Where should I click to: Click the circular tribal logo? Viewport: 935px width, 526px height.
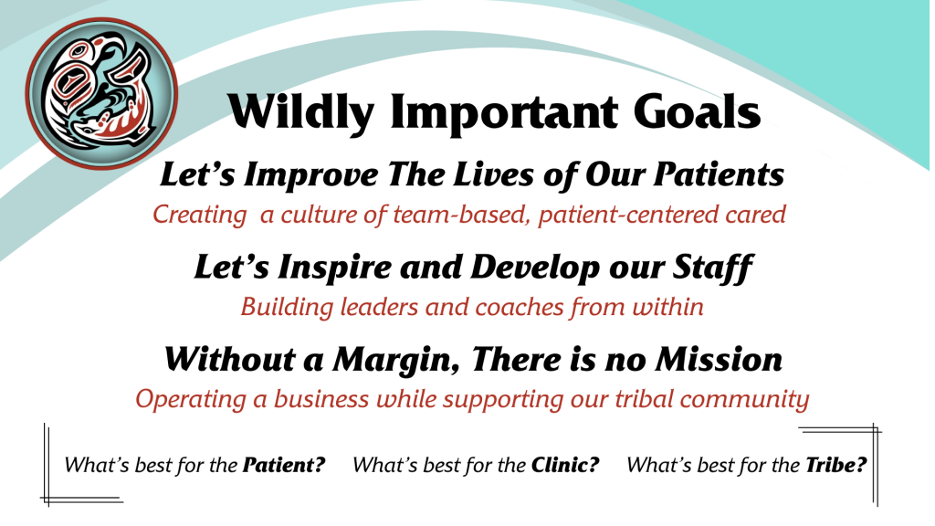(101, 94)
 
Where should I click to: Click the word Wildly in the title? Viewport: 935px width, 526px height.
(300, 112)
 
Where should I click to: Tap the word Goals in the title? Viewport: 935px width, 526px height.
(697, 111)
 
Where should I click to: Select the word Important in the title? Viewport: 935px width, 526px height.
(504, 112)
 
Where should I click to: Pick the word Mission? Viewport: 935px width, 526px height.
(719, 360)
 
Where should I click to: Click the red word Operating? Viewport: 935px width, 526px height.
(191, 400)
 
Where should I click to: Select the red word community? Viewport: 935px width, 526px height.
(744, 400)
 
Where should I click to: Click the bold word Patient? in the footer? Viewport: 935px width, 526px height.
(284, 465)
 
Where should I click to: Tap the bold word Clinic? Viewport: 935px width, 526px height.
(565, 465)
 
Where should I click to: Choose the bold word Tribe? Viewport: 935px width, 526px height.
(836, 465)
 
